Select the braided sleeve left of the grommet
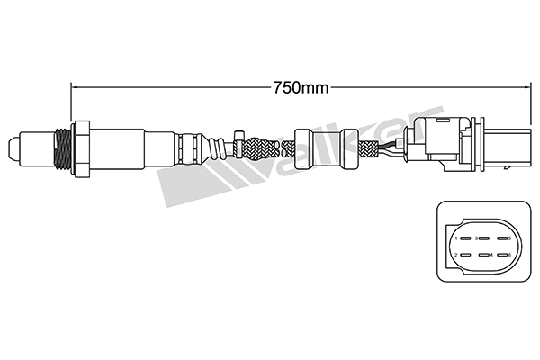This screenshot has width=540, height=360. pyautogui.click(x=261, y=146)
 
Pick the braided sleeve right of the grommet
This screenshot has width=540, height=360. pyautogui.click(x=366, y=148)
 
